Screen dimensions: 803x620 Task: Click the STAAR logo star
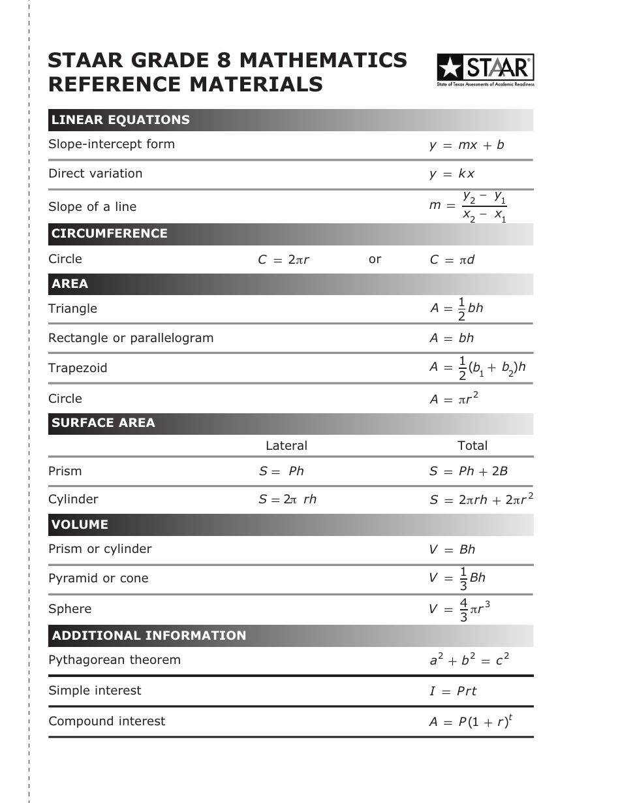(x=450, y=68)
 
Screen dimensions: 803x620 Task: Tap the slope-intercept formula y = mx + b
(x=467, y=145)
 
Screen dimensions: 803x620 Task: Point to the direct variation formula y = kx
(x=452, y=174)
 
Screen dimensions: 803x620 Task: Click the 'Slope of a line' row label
(x=92, y=207)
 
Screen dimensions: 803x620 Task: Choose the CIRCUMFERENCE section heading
(x=110, y=234)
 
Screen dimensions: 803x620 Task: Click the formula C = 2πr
(x=283, y=260)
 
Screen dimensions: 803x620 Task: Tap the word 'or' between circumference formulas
(x=375, y=259)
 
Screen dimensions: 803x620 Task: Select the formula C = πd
(x=452, y=260)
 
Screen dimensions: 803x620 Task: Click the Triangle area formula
(x=456, y=309)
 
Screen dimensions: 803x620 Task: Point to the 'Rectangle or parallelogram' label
(x=131, y=338)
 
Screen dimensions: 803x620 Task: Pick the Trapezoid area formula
(x=477, y=368)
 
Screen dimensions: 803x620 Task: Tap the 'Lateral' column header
(x=286, y=446)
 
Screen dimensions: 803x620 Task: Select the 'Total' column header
(x=473, y=446)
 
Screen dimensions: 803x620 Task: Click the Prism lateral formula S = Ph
(x=281, y=471)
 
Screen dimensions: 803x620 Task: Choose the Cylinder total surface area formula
(x=481, y=499)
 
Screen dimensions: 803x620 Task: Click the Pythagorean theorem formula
(x=469, y=660)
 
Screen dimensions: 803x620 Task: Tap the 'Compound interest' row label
(x=106, y=721)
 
